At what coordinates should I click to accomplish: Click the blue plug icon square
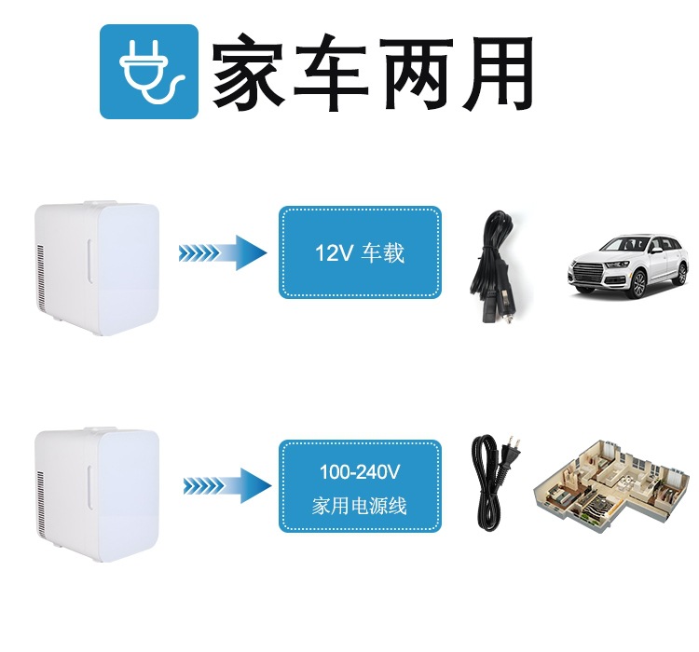(149, 72)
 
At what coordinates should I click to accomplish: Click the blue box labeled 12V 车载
(360, 252)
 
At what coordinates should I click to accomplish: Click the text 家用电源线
(360, 507)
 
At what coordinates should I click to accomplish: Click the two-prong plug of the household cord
(512, 454)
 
